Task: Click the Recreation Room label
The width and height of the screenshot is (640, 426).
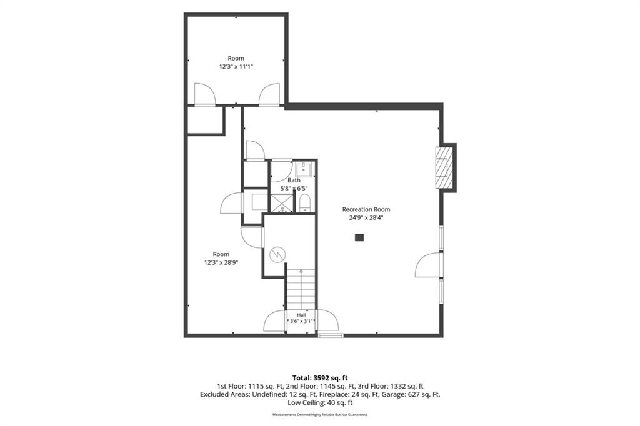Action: (366, 209)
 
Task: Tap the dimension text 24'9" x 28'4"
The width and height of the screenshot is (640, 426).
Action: (366, 218)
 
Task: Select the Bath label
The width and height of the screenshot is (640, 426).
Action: (294, 180)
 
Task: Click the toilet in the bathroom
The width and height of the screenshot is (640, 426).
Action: (305, 203)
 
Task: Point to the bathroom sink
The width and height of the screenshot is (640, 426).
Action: (304, 169)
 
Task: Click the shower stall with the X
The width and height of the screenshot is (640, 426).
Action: (282, 204)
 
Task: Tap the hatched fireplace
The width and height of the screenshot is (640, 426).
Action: (444, 167)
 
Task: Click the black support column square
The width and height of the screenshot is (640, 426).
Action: (359, 237)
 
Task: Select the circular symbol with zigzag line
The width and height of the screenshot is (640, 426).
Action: (277, 255)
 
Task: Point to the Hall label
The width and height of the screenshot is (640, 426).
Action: (301, 315)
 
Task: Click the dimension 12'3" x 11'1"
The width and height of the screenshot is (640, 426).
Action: (236, 66)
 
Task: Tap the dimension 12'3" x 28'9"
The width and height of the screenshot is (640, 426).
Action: (221, 263)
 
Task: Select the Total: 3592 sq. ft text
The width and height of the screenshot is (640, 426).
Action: (320, 378)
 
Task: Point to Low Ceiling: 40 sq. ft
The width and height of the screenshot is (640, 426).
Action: (320, 402)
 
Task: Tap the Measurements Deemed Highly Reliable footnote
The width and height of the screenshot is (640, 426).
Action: (320, 415)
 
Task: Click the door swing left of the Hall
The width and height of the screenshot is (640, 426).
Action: (275, 321)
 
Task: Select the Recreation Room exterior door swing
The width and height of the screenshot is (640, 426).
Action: (427, 265)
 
